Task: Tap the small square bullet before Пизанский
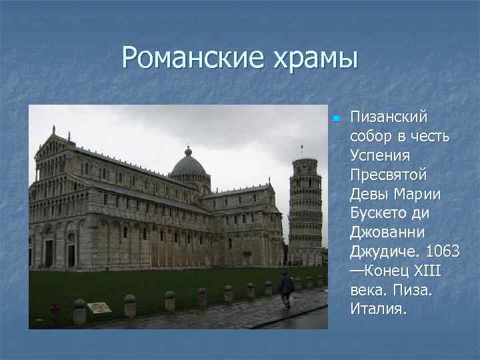coord(337,119)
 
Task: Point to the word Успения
coord(377,155)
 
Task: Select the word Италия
coord(377,309)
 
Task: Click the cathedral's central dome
coord(189,164)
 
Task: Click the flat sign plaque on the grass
coord(99,307)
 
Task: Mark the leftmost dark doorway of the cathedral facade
coord(49,253)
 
